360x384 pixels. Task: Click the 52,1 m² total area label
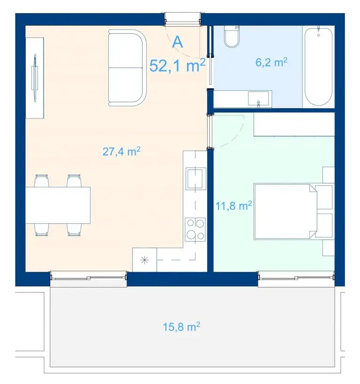[178, 66]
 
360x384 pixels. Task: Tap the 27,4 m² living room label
[121, 152]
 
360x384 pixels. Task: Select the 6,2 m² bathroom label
[271, 62]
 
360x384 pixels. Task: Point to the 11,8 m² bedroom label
[233, 206]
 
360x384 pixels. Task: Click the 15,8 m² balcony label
[181, 327]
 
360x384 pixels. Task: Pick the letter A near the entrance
[178, 42]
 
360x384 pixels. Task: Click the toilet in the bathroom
[232, 36]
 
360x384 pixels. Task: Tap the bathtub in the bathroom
[318, 66]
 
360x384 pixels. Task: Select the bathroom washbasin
[258, 99]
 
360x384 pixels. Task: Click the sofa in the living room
[127, 68]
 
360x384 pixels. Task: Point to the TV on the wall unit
[35, 78]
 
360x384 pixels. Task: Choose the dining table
[58, 205]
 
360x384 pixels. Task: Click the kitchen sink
[195, 178]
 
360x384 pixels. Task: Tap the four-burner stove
[195, 229]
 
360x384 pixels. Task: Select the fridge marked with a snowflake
[144, 259]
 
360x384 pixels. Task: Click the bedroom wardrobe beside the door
[294, 125]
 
